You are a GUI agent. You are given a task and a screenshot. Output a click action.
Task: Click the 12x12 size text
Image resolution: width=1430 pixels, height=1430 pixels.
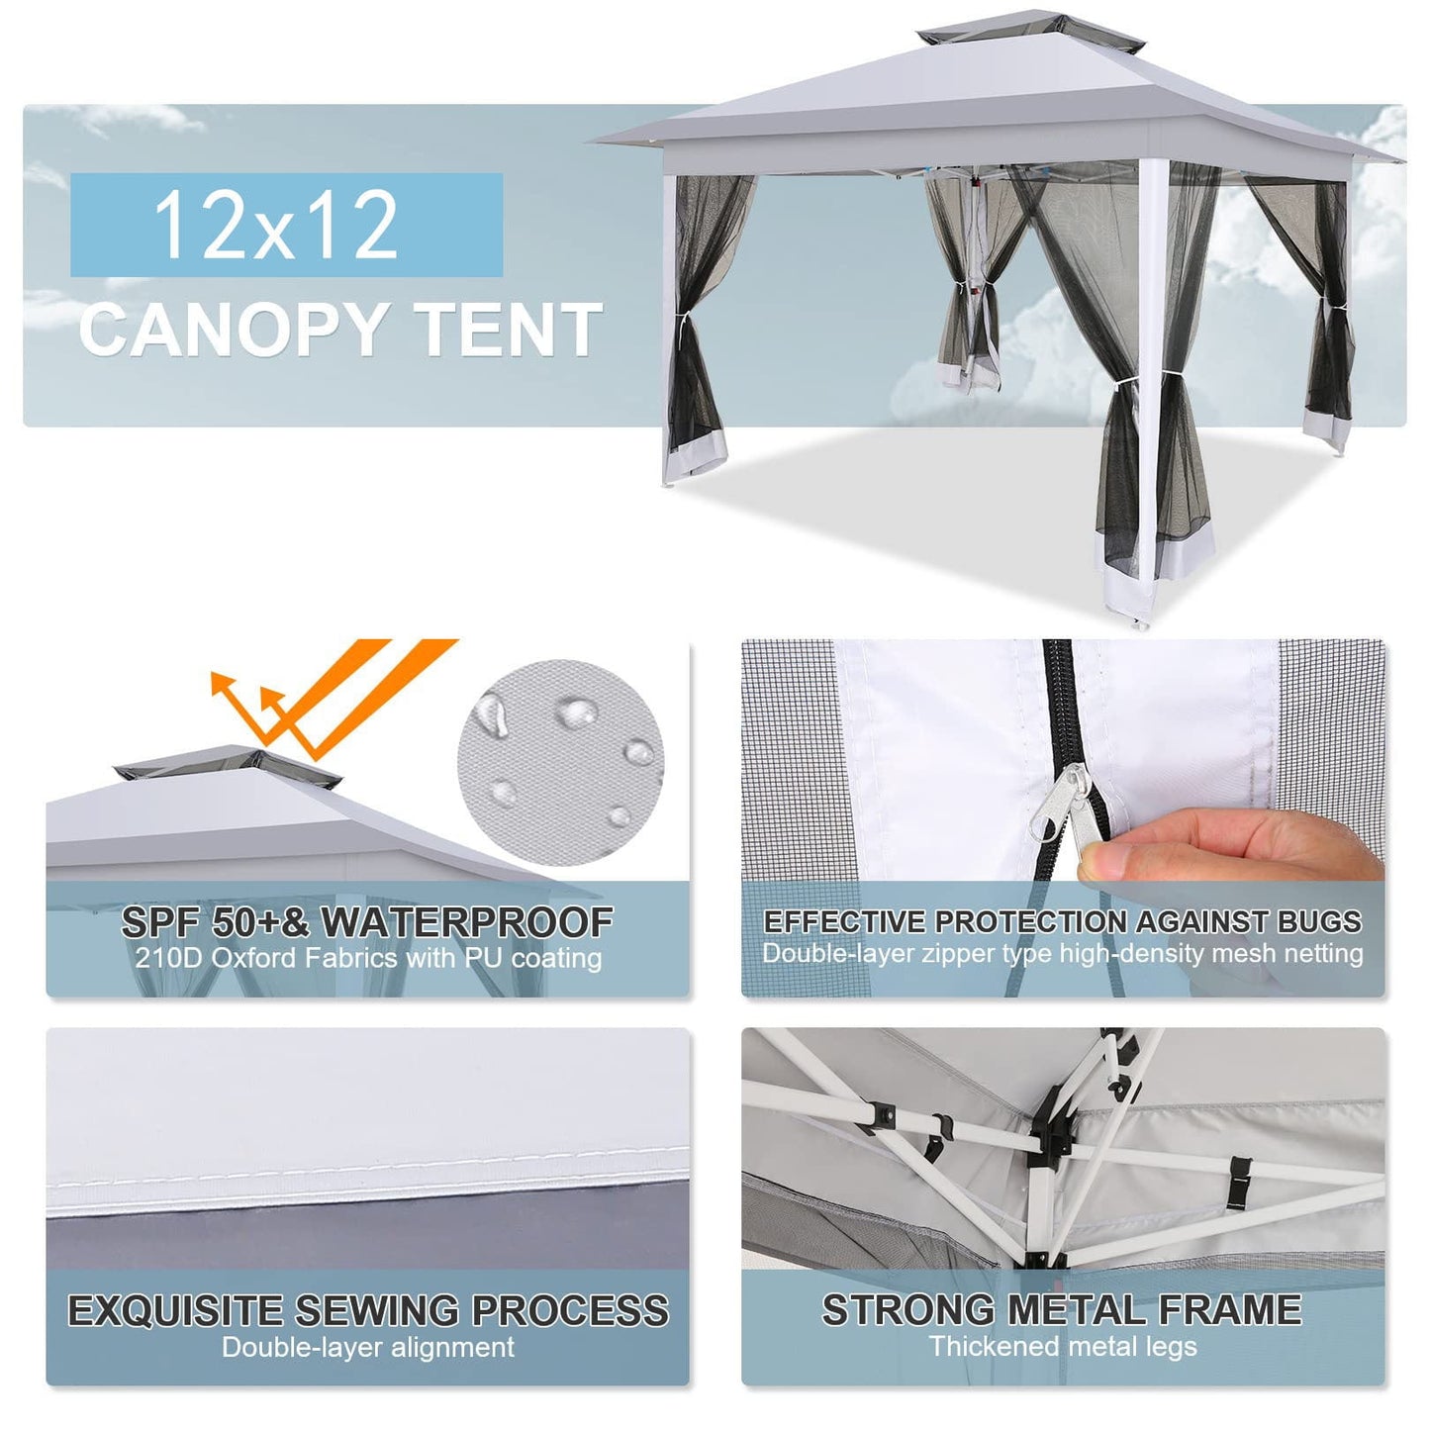point(276,226)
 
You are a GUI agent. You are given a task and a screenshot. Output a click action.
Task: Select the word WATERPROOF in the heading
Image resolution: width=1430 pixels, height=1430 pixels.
point(466,922)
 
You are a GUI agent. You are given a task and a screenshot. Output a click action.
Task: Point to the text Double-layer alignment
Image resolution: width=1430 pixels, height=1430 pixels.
point(367,1347)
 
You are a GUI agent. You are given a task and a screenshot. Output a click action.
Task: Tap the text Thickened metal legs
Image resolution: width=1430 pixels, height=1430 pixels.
point(1062,1346)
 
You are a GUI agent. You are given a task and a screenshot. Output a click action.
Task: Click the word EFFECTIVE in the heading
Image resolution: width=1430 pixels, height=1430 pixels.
point(844,921)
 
